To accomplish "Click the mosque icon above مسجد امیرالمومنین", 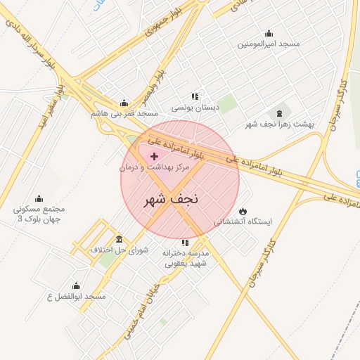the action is coord(268,33).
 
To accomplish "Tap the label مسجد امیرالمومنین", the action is coord(268,44).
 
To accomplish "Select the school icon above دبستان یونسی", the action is coord(195,96).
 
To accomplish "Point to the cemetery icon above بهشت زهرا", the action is coord(281,112).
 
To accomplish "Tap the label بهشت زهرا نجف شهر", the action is coord(280,124).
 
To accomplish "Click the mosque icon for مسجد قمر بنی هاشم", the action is coord(124,103).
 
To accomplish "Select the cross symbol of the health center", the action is coord(155,155).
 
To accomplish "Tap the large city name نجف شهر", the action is coord(172,199).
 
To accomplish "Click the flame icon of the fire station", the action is coord(243,210).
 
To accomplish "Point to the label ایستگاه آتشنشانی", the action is coord(243,221).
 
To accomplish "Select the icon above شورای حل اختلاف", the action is coord(119,239).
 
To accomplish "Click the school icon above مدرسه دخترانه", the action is coord(185,243).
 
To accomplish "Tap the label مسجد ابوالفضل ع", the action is coord(75,297).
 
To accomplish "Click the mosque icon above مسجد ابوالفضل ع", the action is coord(76,286).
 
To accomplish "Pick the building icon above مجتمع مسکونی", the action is coord(39,198).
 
